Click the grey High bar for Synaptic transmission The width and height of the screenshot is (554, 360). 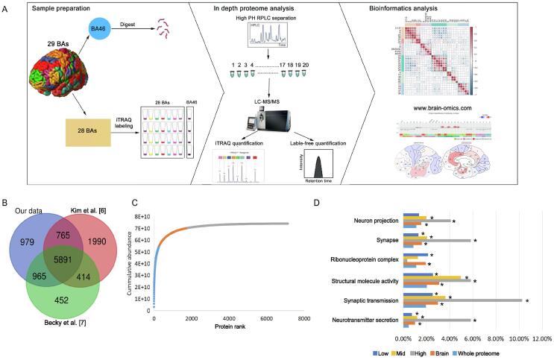click(x=462, y=301)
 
